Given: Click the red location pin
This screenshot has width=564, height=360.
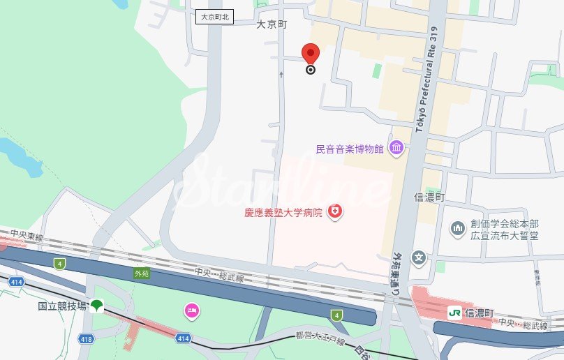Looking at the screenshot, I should click(x=311, y=54).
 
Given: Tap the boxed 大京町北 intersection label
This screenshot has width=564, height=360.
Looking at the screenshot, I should click(x=215, y=16).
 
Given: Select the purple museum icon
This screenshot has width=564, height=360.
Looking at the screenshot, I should click(x=396, y=148).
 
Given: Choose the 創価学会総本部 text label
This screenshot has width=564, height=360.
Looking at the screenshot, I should click(x=505, y=224).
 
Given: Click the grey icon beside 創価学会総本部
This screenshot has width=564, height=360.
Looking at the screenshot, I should click(x=458, y=228).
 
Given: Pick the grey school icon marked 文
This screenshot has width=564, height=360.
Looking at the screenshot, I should click(x=418, y=258).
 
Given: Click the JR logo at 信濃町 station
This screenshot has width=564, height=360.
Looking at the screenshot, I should click(x=454, y=313).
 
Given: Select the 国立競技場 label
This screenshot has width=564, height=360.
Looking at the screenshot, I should click(x=62, y=306).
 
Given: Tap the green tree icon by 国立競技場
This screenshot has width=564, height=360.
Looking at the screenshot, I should click(x=97, y=306).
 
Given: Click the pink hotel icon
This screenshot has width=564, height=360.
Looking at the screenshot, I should click(x=191, y=311).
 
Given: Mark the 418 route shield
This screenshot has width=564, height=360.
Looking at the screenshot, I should click(x=86, y=338).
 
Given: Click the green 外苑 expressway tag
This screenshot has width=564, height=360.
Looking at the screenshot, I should click(x=142, y=274).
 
